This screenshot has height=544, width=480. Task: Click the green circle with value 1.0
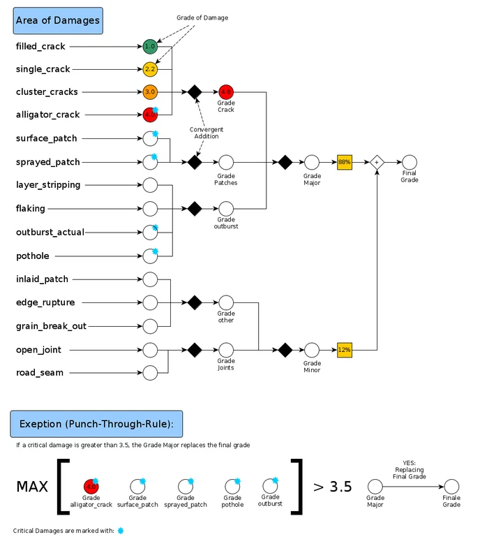pos(150,47)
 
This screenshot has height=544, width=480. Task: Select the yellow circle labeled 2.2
pos(150,69)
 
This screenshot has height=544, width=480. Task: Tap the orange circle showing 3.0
pos(150,91)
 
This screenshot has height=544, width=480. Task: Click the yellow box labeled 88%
pos(344,161)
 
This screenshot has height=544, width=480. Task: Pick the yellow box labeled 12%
pos(344,348)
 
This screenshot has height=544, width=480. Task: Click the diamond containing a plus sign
pos(377,161)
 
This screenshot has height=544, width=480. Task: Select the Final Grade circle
pos(410,161)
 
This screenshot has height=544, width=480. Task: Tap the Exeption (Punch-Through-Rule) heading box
pos(96,424)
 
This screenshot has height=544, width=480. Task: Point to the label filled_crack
pos(40,47)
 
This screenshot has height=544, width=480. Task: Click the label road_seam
pos(40,372)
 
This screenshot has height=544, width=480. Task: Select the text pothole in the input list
pos(33,256)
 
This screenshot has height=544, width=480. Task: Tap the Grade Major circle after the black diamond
pos(312,161)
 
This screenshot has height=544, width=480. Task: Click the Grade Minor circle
pos(312,348)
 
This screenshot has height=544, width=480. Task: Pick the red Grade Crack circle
pos(225,91)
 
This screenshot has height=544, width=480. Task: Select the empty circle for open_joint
pos(150,349)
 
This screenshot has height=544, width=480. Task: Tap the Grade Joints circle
pos(225,348)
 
